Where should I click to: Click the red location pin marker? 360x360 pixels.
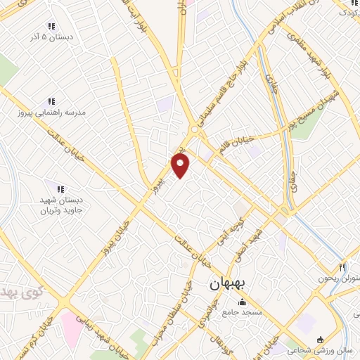[181, 165]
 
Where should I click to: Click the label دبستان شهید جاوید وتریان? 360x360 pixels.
[60, 205]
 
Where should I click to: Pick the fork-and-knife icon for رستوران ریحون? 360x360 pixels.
[342, 267]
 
